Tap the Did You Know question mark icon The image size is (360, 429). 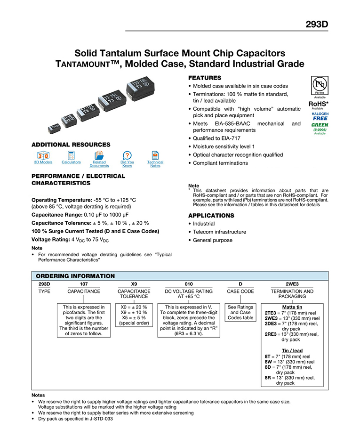click(x=127, y=155)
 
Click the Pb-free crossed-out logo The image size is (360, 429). click(x=320, y=85)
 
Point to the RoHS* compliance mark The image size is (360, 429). click(x=319, y=104)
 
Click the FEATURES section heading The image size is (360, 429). click(x=205, y=78)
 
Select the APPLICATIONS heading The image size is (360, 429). click(x=211, y=215)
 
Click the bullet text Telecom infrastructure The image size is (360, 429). click(x=219, y=232)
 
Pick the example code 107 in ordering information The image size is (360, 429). click(x=84, y=284)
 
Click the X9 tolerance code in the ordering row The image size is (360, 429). click(x=134, y=284)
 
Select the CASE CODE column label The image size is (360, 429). click(x=240, y=291)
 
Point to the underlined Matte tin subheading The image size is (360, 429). click(x=292, y=307)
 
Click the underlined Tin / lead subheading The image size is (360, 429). click(x=292, y=351)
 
